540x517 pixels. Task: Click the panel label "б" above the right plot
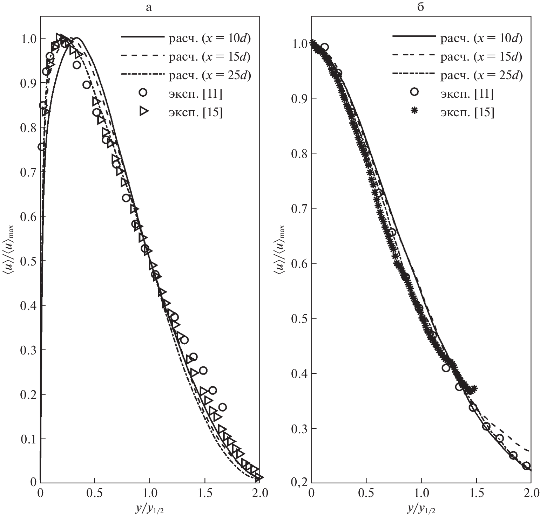click(x=420, y=7)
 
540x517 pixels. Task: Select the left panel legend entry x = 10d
click(x=210, y=38)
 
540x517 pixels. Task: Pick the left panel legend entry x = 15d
click(x=210, y=56)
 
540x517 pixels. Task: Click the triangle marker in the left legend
click(x=143, y=111)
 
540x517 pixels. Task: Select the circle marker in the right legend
click(x=415, y=92)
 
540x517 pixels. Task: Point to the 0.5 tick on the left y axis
click(x=28, y=261)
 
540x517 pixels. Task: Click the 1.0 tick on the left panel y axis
click(x=28, y=38)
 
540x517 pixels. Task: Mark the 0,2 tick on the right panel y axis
click(x=299, y=483)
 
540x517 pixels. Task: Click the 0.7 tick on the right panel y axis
click(x=299, y=208)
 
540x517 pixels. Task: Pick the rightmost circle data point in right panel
click(x=526, y=466)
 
